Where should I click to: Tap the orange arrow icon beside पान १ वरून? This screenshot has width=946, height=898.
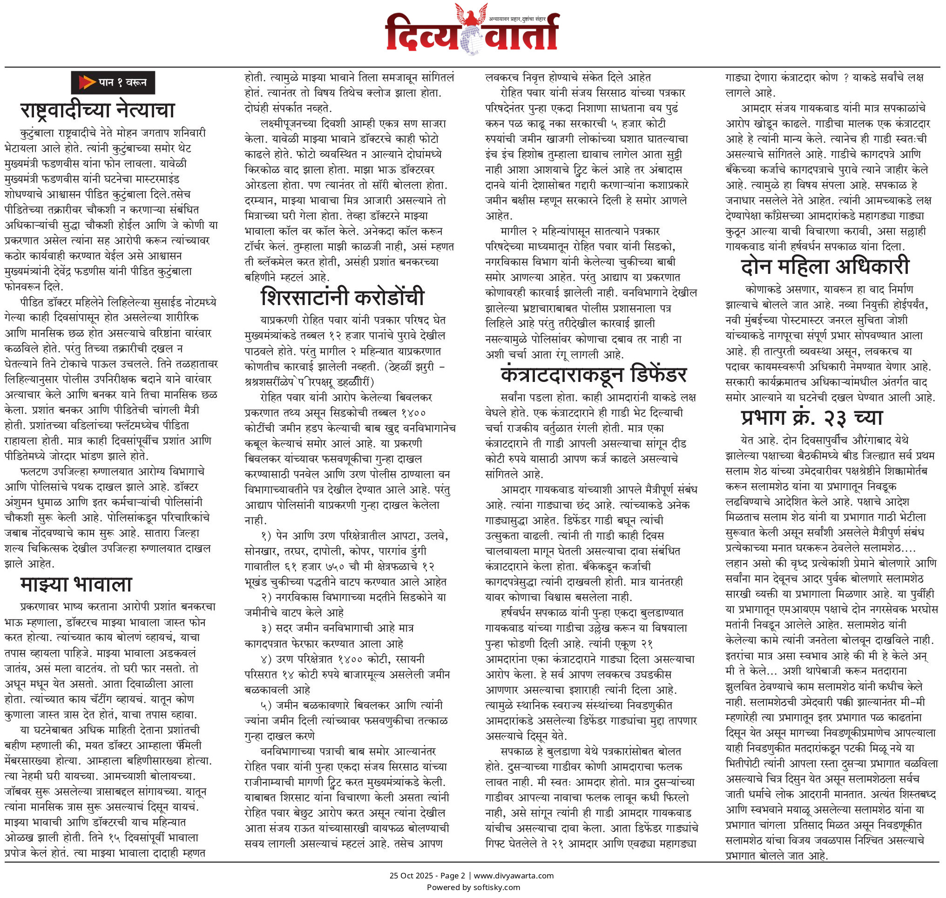[x=87, y=82]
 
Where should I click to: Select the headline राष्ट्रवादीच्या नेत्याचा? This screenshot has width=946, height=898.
[x=98, y=110]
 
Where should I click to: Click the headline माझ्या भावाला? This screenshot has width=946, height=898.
[x=76, y=585]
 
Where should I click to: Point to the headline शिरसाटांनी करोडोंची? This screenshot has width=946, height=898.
[x=343, y=297]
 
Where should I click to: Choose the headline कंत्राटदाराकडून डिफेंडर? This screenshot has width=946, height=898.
[x=594, y=374]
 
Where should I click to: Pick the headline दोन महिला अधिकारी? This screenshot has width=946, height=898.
[x=825, y=266]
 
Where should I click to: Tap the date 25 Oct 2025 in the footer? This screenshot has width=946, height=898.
[x=410, y=876]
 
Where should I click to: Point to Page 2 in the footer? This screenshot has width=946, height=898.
[x=452, y=876]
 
